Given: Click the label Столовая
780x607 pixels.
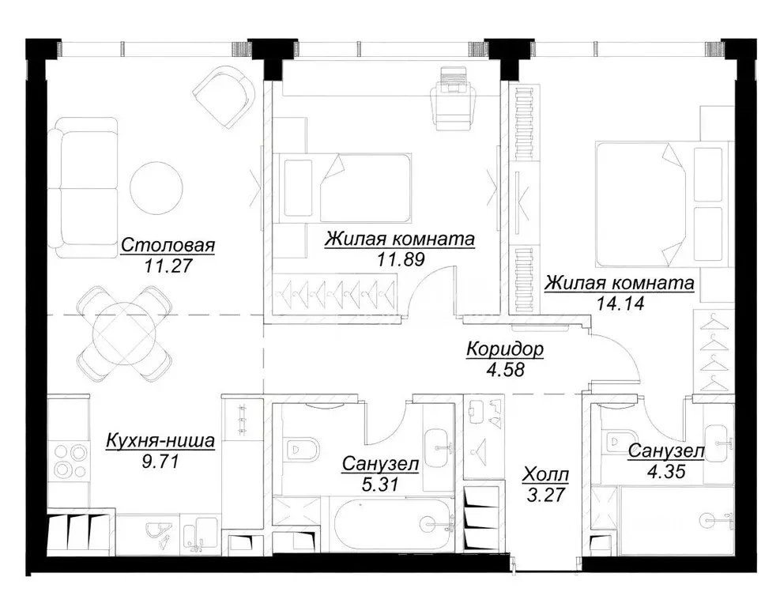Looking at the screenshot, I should coord(168,246).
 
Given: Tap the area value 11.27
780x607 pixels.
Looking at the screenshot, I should coord(168,266).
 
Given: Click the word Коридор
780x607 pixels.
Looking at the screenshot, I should coord(505,348).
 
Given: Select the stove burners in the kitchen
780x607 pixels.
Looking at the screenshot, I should coord(69,459).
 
